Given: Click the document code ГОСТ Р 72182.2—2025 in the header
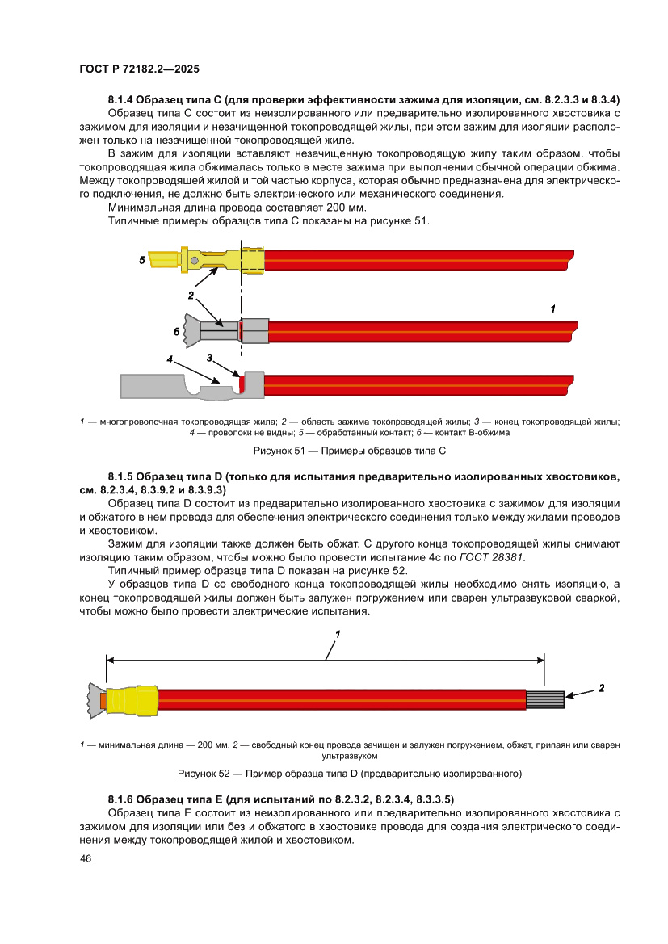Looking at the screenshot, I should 140,69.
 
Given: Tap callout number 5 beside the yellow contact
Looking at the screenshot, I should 142,260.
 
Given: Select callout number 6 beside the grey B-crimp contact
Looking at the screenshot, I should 176,331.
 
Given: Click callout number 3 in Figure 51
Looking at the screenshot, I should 209,357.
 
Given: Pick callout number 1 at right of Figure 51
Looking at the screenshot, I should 552,308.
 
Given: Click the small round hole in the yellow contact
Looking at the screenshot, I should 194,260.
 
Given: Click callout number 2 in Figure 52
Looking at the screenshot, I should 601,689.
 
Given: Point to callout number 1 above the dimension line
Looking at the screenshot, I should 338,635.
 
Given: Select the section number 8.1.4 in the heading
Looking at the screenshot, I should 123,100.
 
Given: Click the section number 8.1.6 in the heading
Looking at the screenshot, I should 123,799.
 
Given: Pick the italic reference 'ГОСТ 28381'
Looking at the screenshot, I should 492,557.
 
